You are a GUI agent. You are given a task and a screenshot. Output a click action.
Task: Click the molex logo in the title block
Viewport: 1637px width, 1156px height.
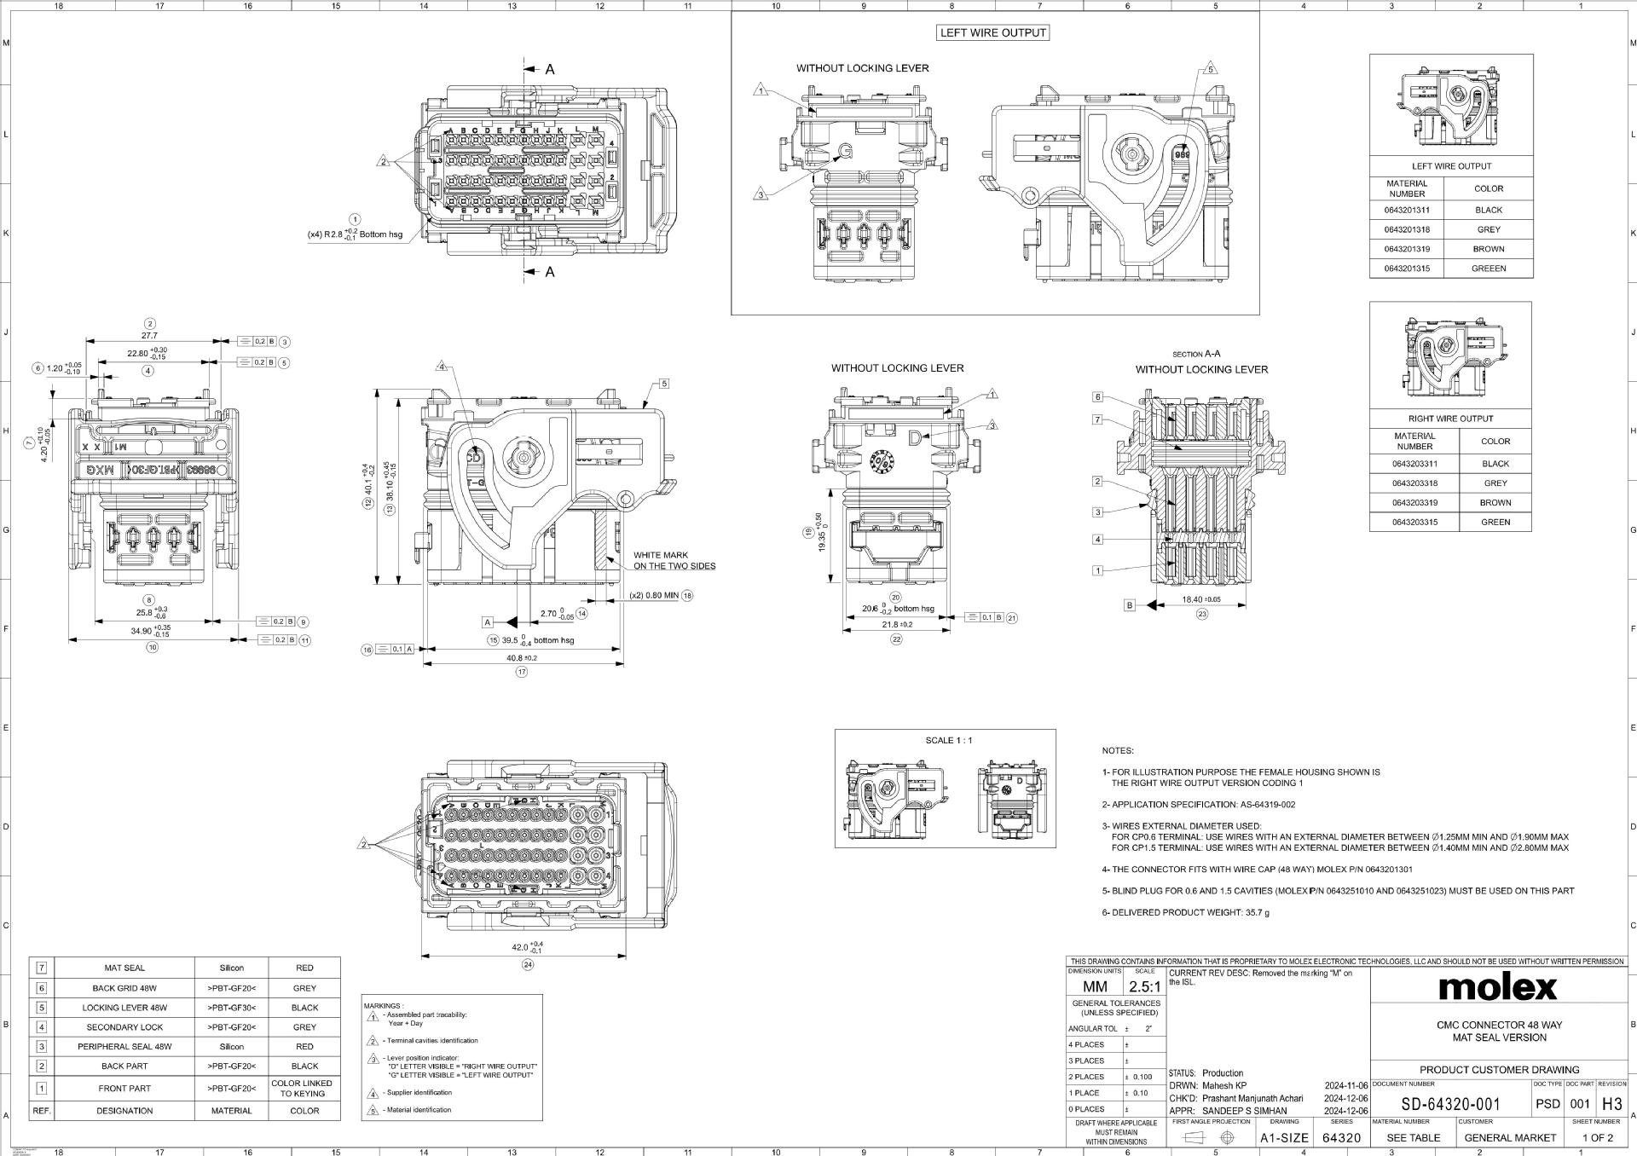click(1498, 986)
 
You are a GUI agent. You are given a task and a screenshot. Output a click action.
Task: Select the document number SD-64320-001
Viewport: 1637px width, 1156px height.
click(1450, 1104)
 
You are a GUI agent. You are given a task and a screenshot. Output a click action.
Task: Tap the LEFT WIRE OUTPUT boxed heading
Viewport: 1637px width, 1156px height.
click(992, 32)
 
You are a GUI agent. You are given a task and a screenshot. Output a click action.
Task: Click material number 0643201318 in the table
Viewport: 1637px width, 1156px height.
click(1407, 229)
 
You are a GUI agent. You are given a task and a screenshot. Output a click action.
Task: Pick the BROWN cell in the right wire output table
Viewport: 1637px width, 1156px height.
click(1495, 503)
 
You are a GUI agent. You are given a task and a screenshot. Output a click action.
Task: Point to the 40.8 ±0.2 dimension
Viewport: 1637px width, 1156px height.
click(522, 658)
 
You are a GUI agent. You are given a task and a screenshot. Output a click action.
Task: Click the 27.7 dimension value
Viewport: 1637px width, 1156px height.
click(149, 335)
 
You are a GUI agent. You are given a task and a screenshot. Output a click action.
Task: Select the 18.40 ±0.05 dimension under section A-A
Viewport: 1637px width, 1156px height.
click(1201, 599)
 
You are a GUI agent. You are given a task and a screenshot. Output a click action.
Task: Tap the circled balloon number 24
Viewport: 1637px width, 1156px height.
click(528, 965)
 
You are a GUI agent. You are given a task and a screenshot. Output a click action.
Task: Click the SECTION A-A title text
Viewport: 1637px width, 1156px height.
click(1196, 354)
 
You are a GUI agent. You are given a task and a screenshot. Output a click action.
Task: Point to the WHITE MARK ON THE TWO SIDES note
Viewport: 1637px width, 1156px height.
click(674, 560)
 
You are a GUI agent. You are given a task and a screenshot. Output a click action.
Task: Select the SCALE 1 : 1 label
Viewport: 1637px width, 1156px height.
click(949, 740)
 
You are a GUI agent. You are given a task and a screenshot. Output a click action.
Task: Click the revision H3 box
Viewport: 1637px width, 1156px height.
click(1611, 1104)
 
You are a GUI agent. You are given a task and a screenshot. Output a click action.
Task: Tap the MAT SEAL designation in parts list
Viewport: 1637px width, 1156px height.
click(124, 968)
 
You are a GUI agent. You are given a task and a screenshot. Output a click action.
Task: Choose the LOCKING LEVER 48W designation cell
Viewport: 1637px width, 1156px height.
click(124, 1007)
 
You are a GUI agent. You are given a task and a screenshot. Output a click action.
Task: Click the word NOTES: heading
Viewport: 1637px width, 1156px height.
click(1118, 750)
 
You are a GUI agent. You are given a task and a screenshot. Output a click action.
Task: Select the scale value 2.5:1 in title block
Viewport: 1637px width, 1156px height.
click(1144, 986)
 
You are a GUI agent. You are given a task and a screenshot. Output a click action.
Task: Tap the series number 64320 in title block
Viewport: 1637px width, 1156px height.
click(1341, 1137)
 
